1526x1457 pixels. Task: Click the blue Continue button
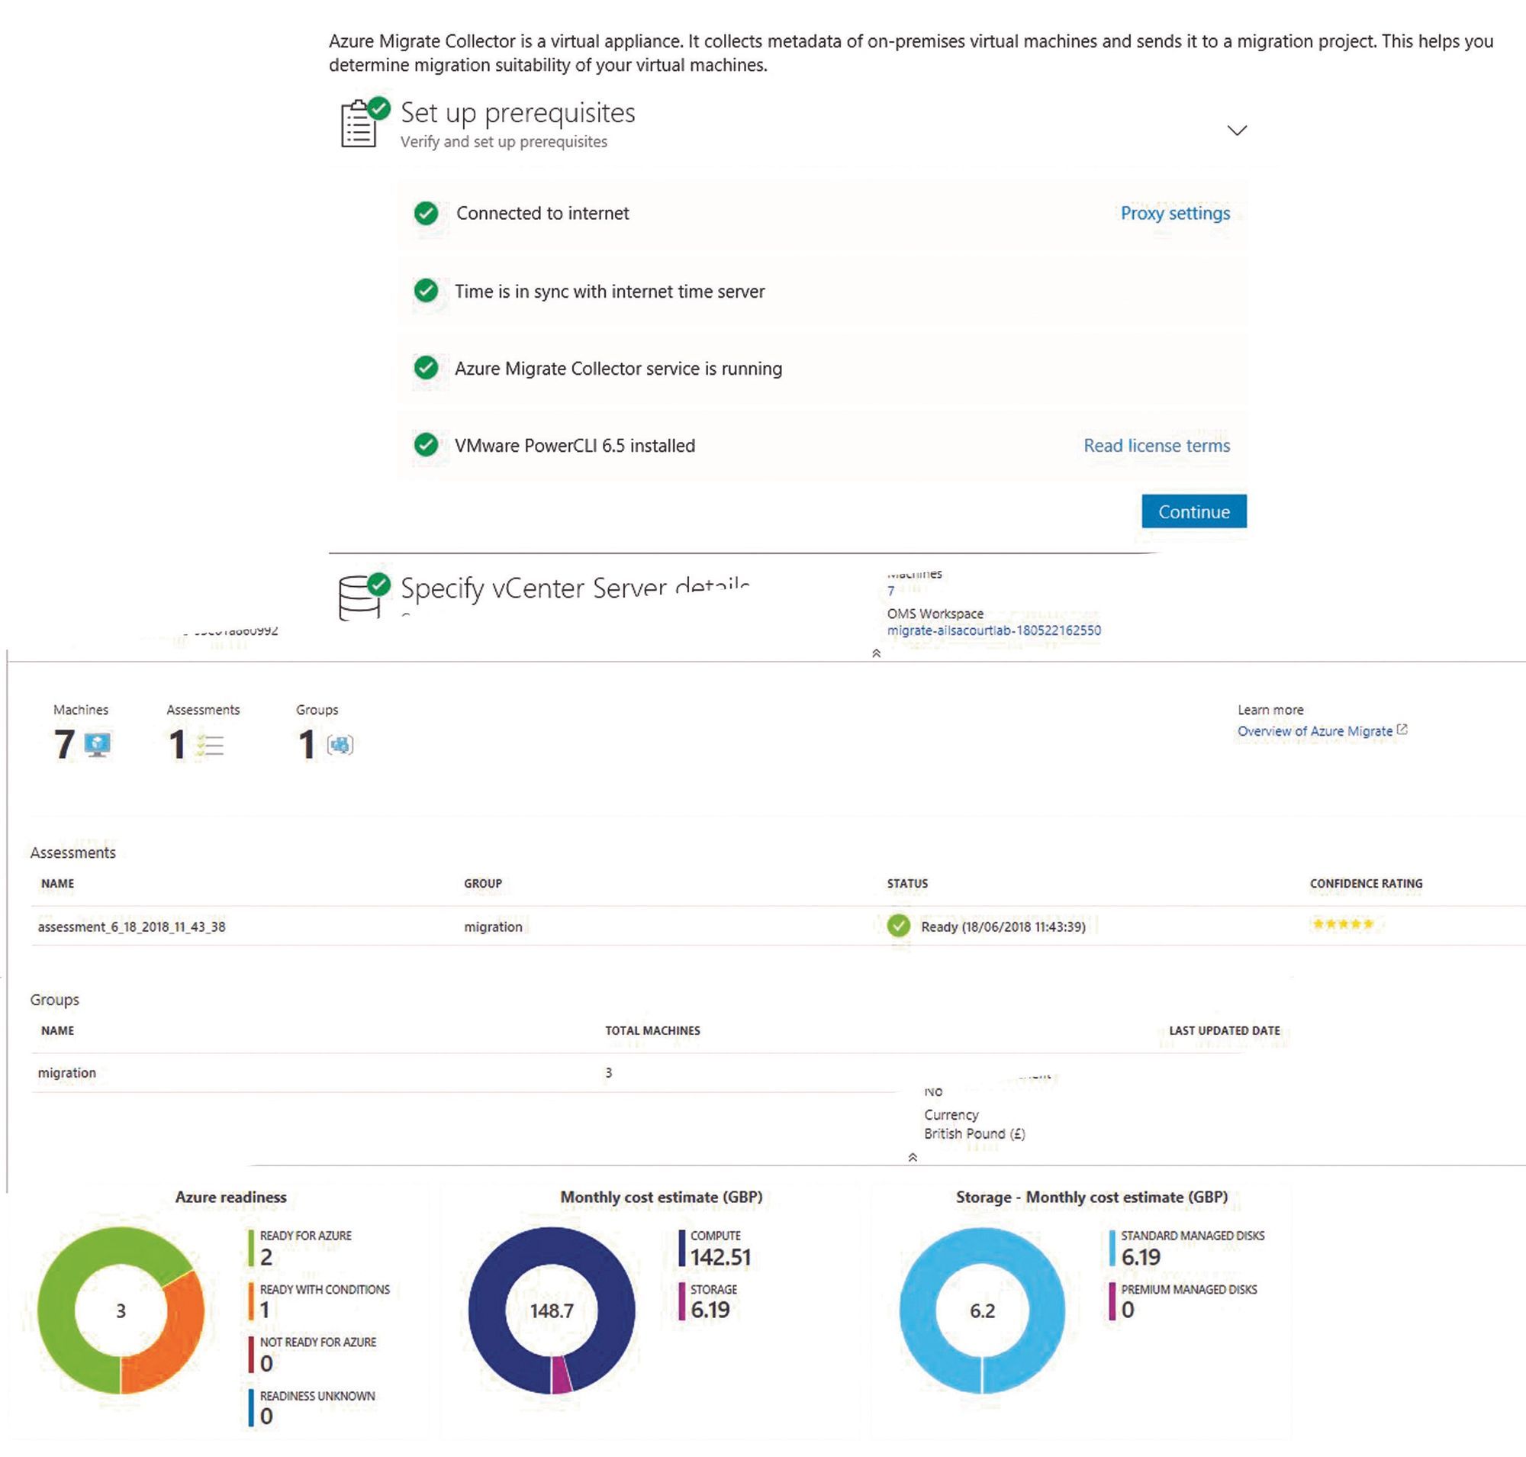[1193, 511]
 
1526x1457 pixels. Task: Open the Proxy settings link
[1174, 213]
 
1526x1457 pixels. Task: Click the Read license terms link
[1157, 445]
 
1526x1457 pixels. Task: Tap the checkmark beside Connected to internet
[426, 213]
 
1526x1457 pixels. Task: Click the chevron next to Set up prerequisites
[1236, 130]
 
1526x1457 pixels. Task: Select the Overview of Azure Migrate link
[1314, 731]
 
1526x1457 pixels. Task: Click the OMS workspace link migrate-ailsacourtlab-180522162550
[993, 630]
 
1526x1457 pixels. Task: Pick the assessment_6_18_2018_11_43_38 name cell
[131, 927]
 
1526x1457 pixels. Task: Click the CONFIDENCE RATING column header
[1365, 883]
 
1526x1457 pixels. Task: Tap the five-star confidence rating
[1343, 924]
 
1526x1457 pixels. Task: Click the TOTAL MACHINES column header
[652, 1030]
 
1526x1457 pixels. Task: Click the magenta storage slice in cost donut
[562, 1375]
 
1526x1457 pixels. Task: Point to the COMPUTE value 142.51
[720, 1256]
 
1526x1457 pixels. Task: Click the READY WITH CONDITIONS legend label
[324, 1289]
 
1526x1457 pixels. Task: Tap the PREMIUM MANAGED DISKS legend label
[1188, 1289]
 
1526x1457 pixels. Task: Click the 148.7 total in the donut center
[552, 1311]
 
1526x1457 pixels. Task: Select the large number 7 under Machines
[64, 743]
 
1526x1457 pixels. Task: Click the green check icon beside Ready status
[899, 926]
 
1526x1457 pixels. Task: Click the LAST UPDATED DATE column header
[1224, 1030]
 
